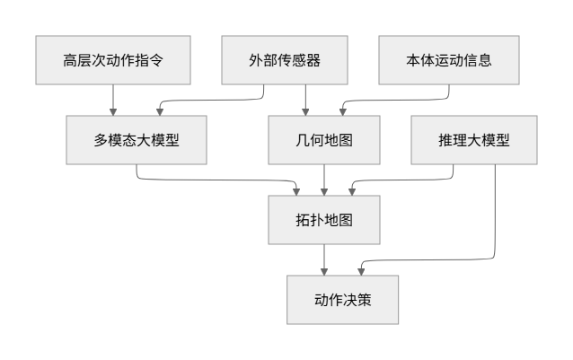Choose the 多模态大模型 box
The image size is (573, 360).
coord(137,140)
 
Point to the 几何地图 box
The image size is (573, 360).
coord(306,140)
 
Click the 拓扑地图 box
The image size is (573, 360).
coord(324,220)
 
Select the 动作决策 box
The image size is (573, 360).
coord(341,301)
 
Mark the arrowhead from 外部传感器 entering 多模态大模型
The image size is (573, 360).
coord(159,112)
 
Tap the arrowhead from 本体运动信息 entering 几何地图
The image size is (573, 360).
coord(342,112)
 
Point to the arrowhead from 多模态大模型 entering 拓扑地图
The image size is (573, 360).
coord(299,192)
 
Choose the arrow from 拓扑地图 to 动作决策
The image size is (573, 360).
coord(324,260)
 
